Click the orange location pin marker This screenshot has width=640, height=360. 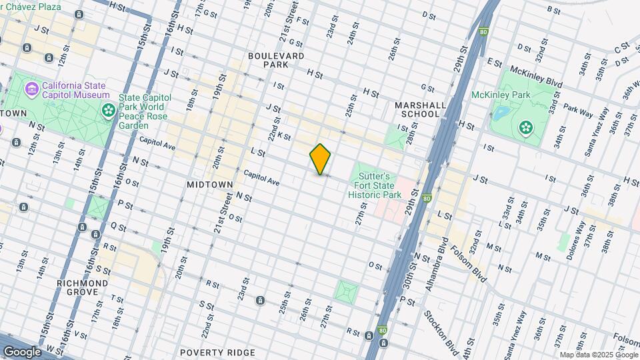(x=320, y=159)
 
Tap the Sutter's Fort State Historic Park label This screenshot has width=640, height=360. (x=375, y=181)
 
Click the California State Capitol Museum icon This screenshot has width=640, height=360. (x=31, y=89)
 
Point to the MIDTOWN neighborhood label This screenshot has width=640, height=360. (x=210, y=184)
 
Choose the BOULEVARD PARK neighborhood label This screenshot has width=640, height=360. (x=276, y=61)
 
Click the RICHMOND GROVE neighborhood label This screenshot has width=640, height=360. (x=83, y=288)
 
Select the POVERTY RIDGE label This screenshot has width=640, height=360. (x=217, y=352)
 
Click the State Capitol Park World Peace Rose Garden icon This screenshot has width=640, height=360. (x=107, y=109)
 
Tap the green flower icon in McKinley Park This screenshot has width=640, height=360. (x=526, y=126)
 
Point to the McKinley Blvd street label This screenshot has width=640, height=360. (x=535, y=77)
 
